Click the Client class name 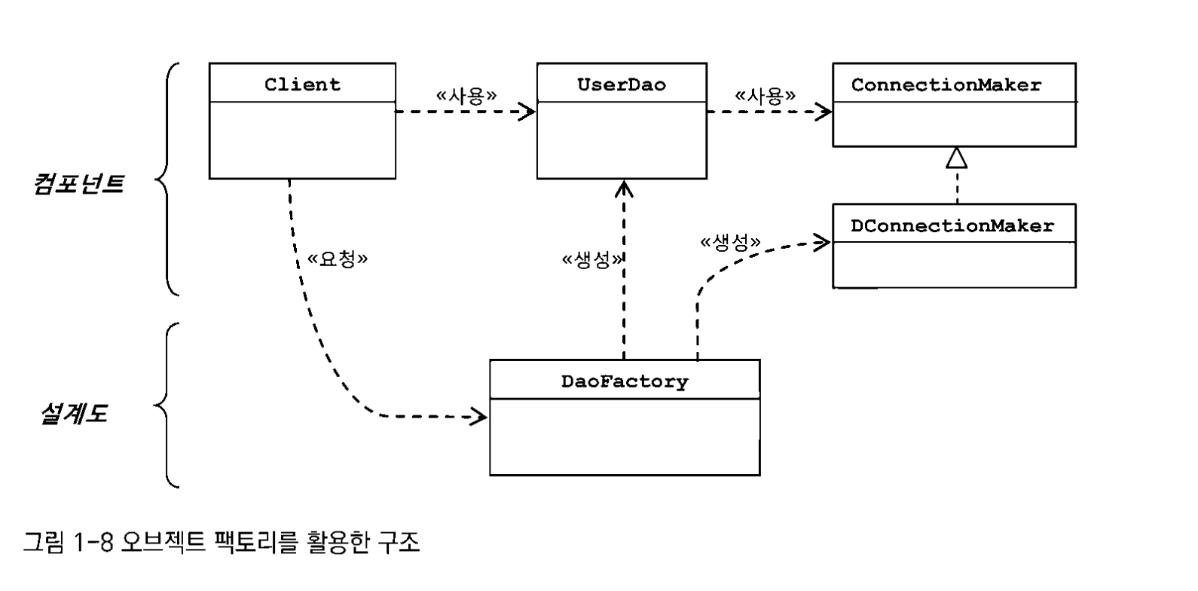(302, 84)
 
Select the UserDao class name (622, 84)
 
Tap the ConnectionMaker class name (946, 85)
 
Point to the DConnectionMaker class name (952, 226)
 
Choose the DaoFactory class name (625, 381)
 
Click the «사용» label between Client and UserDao (466, 96)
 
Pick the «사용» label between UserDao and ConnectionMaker (765, 96)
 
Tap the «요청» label (338, 259)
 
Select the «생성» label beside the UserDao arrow (592, 260)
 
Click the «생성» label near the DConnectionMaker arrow (730, 243)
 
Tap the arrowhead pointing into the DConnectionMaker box (822, 242)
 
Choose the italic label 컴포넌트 (78, 184)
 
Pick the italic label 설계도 (74, 414)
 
